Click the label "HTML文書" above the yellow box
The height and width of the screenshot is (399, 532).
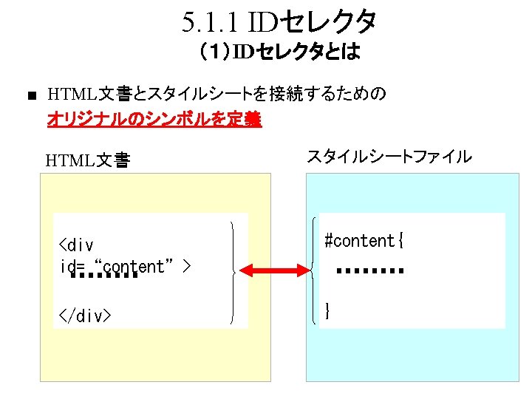coord(88,159)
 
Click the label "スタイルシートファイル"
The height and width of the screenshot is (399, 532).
coord(389,156)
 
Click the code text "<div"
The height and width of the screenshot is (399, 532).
coord(76,245)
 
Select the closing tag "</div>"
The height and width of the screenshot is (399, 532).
coord(85,316)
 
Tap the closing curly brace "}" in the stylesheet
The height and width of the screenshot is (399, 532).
coord(327,310)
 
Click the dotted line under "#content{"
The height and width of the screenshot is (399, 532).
coord(369,271)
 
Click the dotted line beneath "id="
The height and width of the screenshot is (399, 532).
coord(103,276)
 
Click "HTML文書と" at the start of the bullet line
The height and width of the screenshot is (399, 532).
coord(97,95)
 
